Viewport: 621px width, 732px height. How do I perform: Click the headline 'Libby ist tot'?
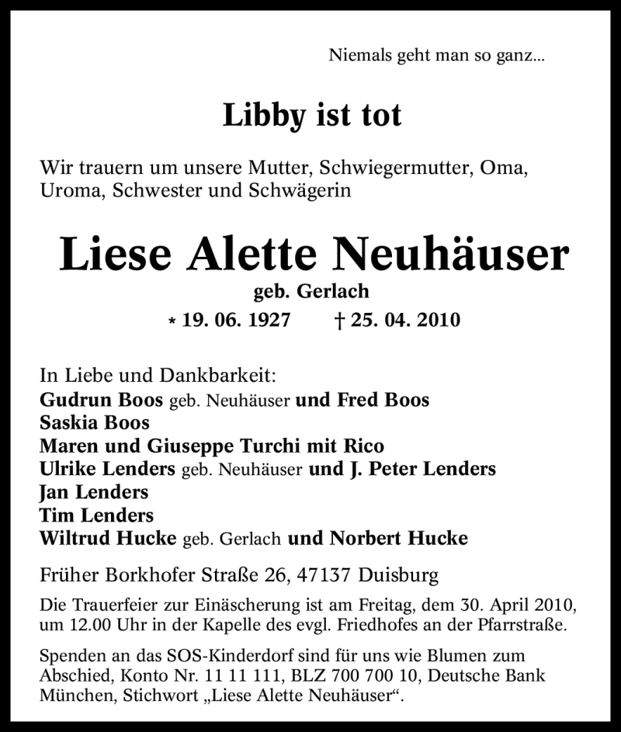click(312, 116)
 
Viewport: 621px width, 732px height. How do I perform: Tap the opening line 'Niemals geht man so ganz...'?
click(437, 55)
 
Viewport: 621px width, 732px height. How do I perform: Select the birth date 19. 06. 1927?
click(237, 319)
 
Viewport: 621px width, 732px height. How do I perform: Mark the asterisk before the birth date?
click(172, 321)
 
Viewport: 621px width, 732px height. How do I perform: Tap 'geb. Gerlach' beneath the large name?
click(311, 292)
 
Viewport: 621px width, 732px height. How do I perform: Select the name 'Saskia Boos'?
click(95, 423)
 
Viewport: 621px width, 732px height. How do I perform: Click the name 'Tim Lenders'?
click(96, 515)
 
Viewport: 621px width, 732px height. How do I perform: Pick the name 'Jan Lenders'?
click(94, 492)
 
